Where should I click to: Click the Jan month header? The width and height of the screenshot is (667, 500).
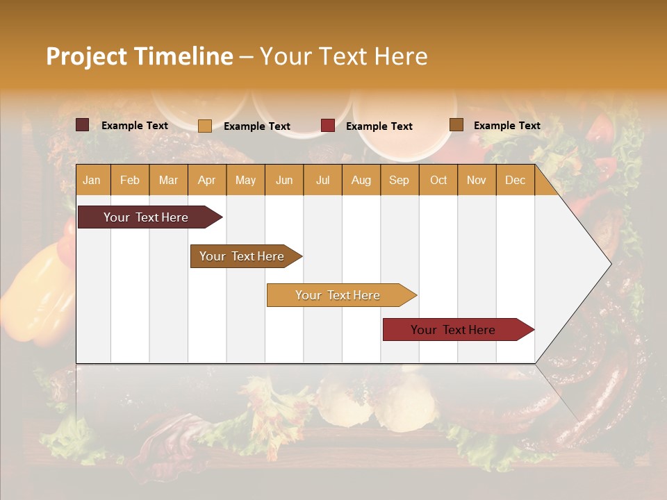[x=92, y=180]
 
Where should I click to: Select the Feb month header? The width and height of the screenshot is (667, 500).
[x=130, y=180]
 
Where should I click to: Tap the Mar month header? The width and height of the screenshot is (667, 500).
[x=168, y=180]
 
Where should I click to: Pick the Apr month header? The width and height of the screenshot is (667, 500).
[x=207, y=180]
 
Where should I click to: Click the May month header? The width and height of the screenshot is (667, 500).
[x=245, y=180]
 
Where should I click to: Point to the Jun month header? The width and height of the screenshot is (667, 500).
[x=284, y=180]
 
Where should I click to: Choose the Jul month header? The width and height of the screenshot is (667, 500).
[x=322, y=180]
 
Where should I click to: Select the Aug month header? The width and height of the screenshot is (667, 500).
[x=361, y=180]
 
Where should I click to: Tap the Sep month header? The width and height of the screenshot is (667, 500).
[x=400, y=180]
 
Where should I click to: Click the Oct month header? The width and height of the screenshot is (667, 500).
[x=438, y=180]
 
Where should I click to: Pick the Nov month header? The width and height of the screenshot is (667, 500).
[x=477, y=180]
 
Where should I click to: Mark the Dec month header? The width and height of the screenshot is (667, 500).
[x=516, y=180]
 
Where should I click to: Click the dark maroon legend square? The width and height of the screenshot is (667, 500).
[x=83, y=125]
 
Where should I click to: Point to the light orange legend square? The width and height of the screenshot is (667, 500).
[x=205, y=126]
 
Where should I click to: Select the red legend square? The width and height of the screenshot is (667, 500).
[x=328, y=126]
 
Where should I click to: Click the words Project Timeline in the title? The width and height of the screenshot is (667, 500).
[x=139, y=56]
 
